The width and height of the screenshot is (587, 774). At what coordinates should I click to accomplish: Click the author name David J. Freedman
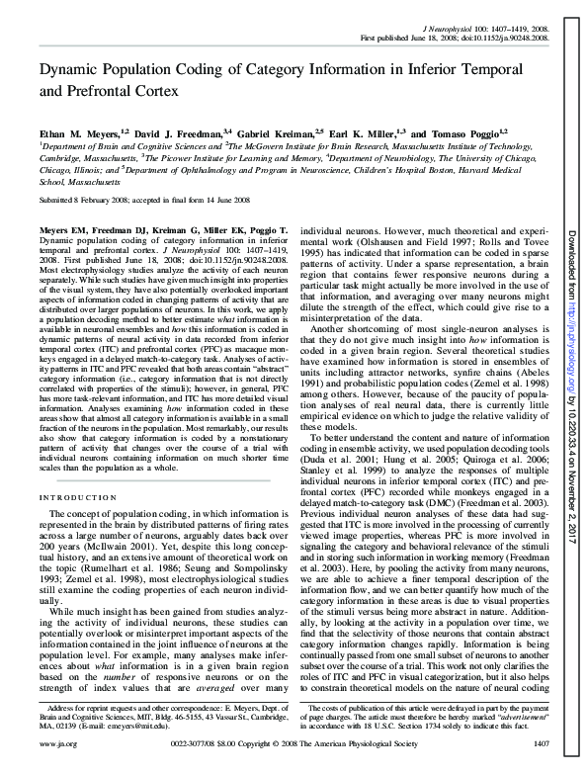[x=182, y=130]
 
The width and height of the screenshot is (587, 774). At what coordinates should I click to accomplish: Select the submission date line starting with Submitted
[x=138, y=199]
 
